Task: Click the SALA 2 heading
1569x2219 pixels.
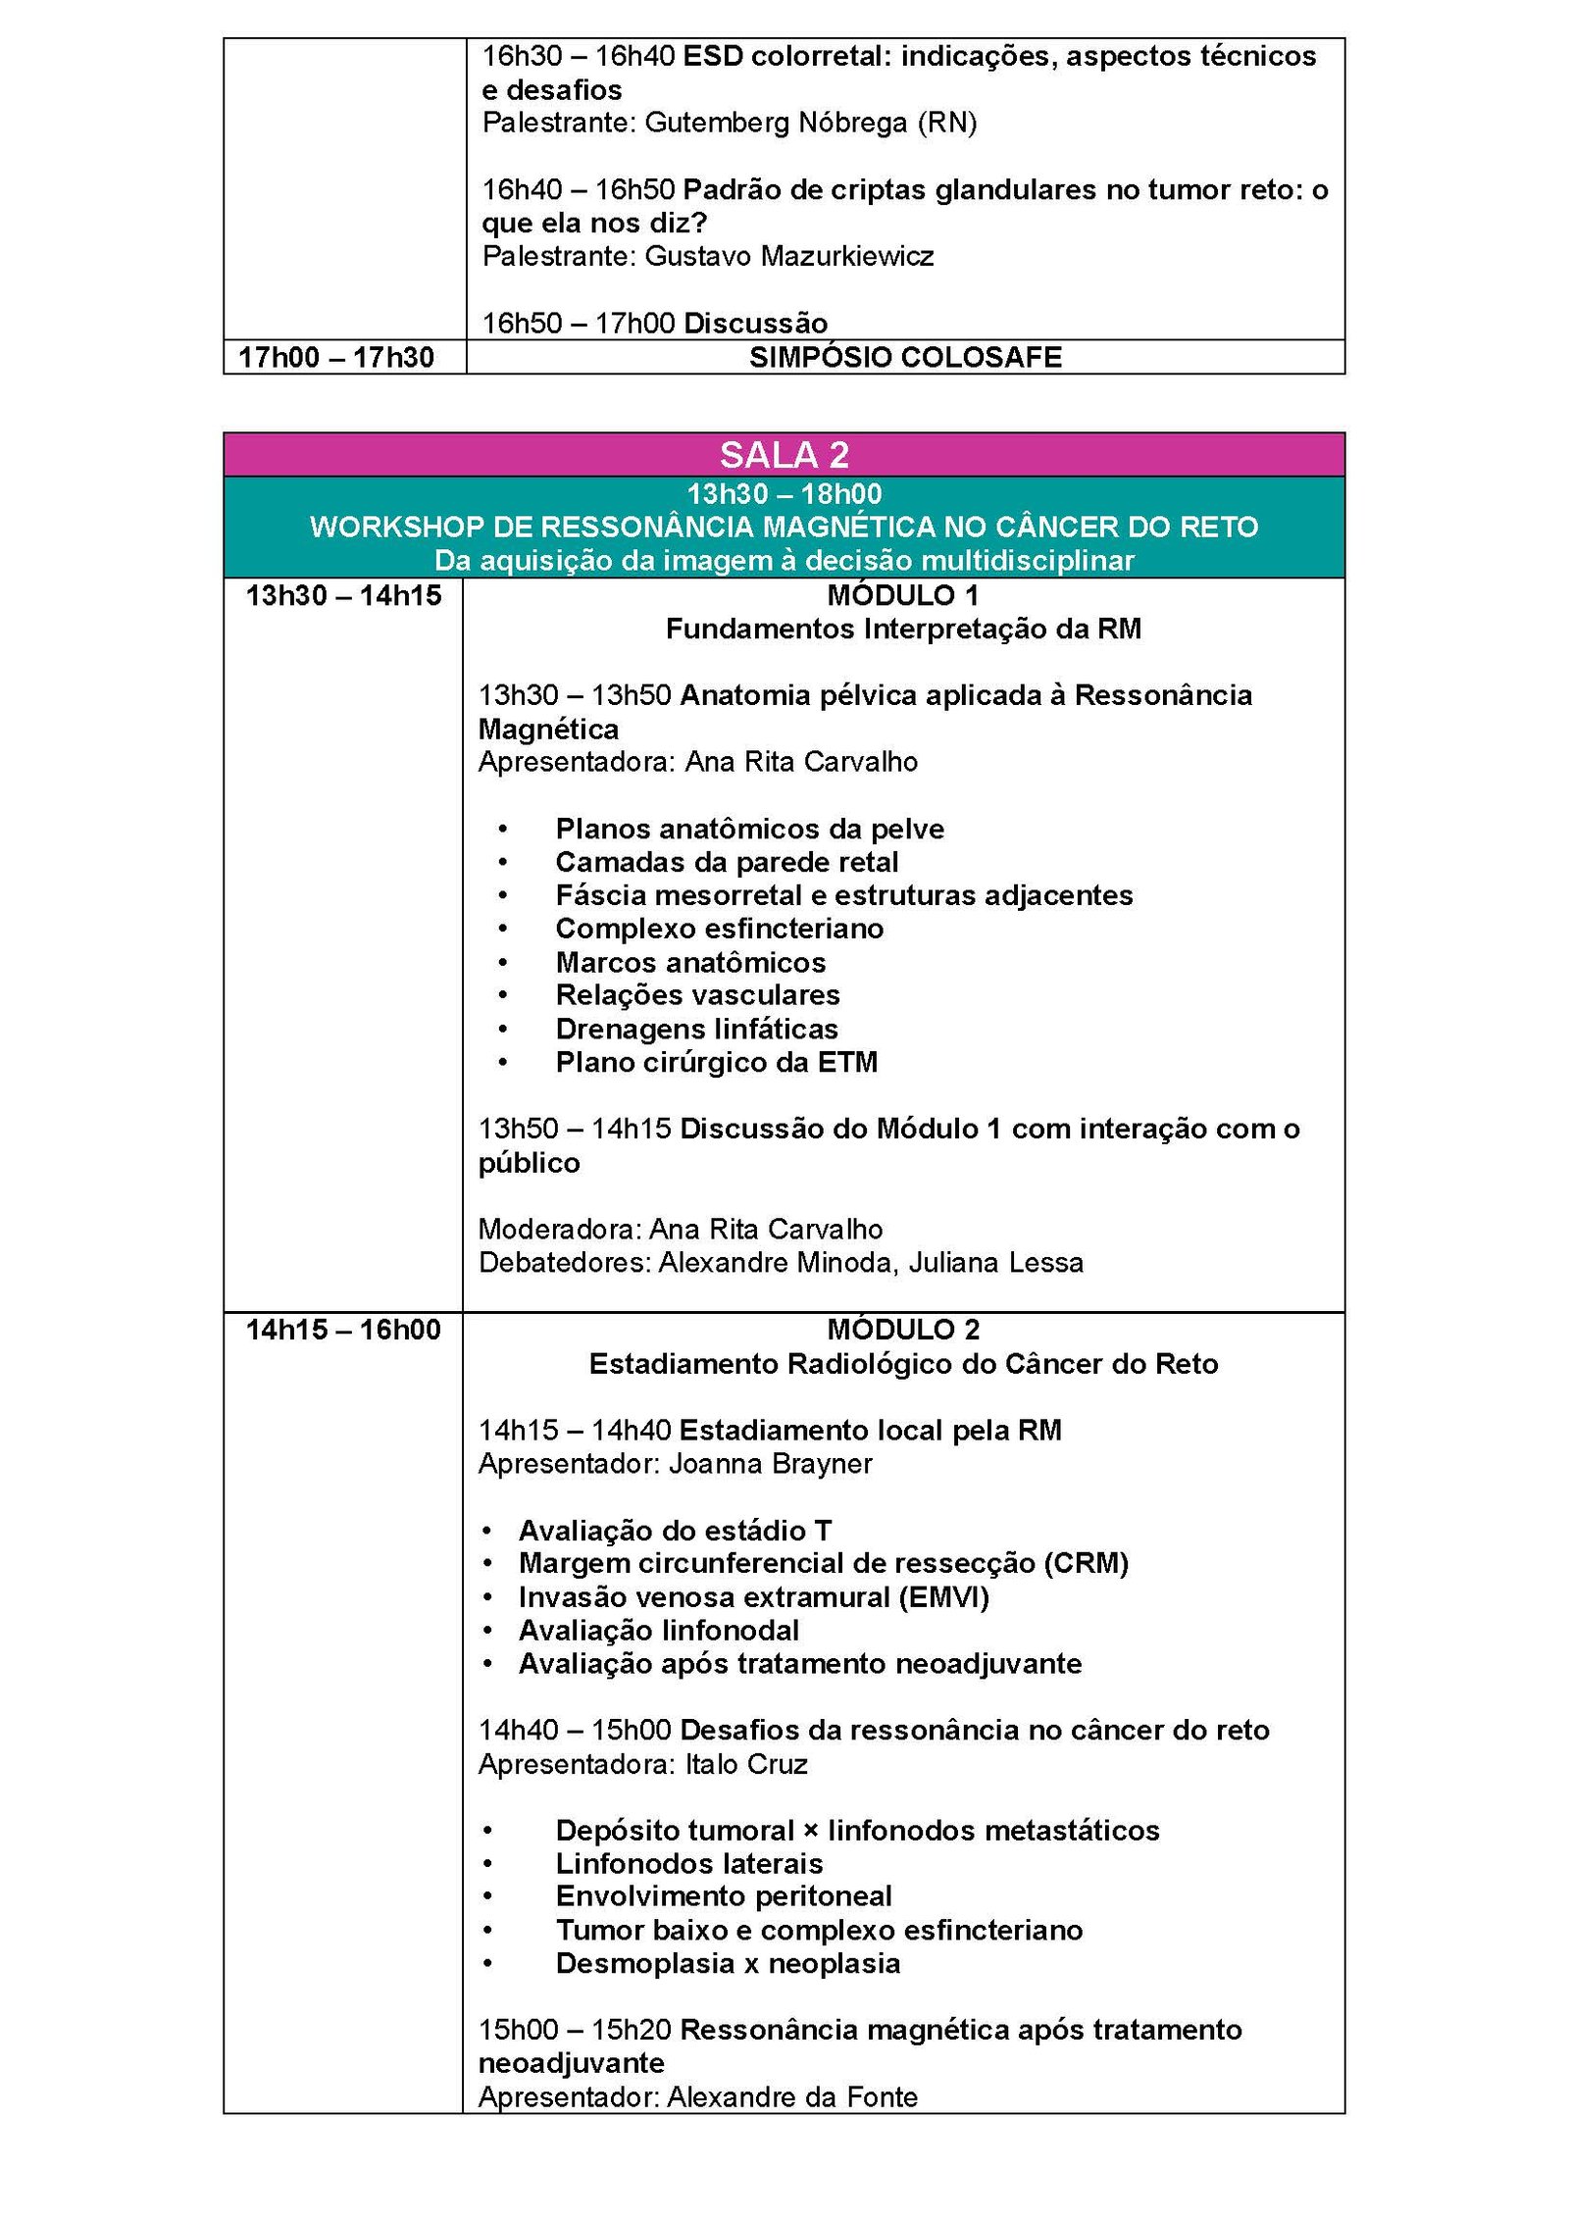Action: tap(784, 455)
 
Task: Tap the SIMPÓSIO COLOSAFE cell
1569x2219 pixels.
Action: tap(905, 357)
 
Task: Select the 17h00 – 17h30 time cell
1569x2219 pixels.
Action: tap(336, 357)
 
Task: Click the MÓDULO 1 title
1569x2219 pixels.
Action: tap(902, 595)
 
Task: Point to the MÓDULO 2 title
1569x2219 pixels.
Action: tap(902, 1330)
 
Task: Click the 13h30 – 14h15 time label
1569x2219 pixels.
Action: tap(343, 595)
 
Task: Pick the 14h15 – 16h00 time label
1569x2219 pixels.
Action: tap(343, 1330)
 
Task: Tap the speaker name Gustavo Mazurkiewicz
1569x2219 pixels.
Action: tap(789, 256)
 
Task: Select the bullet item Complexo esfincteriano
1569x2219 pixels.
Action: tap(719, 929)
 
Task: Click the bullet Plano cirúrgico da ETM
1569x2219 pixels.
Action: tap(716, 1062)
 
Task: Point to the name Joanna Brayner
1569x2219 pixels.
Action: tap(770, 1463)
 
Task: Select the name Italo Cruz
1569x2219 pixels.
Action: tap(746, 1764)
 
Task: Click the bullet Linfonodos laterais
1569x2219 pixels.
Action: tap(688, 1863)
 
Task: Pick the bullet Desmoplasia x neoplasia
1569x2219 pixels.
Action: tap(728, 1963)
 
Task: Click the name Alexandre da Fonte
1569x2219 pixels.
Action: tap(792, 2096)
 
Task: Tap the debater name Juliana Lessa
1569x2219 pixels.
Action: tap(995, 1262)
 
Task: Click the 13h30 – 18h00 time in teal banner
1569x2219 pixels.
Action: tap(784, 493)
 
